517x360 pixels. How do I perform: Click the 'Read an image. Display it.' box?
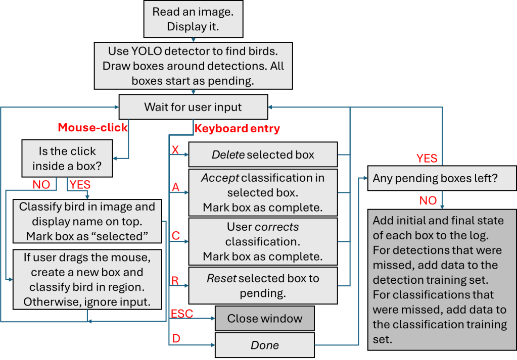pyautogui.click(x=194, y=19)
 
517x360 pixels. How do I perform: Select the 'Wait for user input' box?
pyautogui.click(x=193, y=107)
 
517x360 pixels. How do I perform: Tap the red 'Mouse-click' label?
pyautogui.click(x=93, y=128)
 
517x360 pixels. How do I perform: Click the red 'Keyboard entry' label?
pyautogui.click(x=237, y=129)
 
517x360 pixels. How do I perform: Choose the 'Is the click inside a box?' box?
pyautogui.click(x=67, y=159)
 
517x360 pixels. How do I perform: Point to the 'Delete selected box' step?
pyautogui.click(x=262, y=155)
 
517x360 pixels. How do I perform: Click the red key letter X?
pyautogui.click(x=175, y=150)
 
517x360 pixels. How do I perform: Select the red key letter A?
pyautogui.click(x=176, y=188)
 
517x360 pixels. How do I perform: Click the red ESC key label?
pyautogui.click(x=182, y=313)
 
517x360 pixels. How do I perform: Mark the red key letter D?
pyautogui.click(x=176, y=339)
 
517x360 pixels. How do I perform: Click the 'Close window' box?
pyautogui.click(x=265, y=319)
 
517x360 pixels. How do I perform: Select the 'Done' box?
pyautogui.click(x=265, y=346)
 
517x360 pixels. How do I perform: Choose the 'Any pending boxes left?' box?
pyautogui.click(x=442, y=178)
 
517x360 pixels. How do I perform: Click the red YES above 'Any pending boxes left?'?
pyautogui.click(x=427, y=159)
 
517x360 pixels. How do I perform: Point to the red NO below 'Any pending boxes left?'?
pyautogui.click(x=428, y=200)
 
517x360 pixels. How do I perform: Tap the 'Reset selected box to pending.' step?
pyautogui.click(x=262, y=285)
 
